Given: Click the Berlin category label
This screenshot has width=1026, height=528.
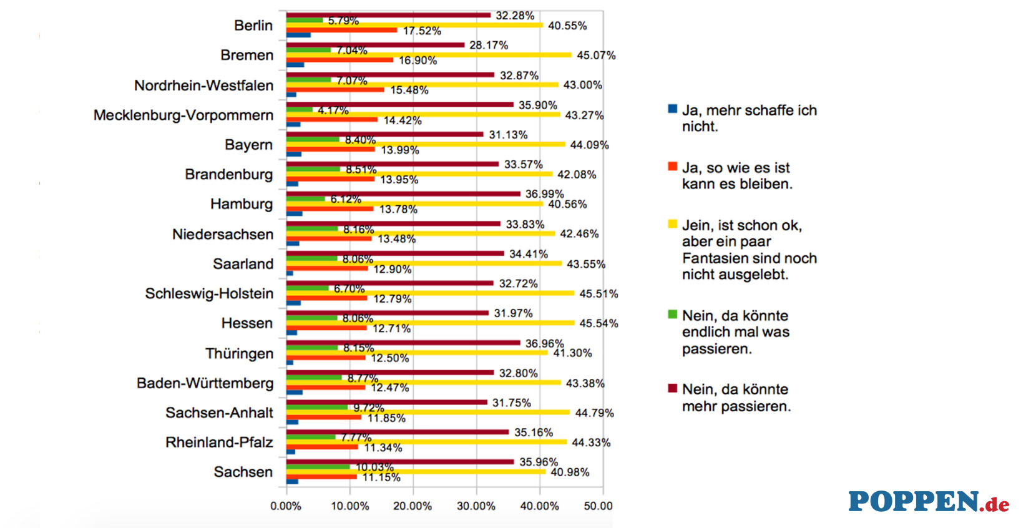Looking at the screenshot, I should (x=253, y=26).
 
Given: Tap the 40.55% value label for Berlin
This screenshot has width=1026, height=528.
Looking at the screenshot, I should (x=567, y=26).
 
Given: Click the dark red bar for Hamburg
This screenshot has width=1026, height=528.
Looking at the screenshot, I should (x=403, y=194).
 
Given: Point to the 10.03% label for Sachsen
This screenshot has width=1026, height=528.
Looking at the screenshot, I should (x=374, y=467).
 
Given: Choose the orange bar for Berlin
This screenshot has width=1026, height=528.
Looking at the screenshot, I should (x=341, y=30).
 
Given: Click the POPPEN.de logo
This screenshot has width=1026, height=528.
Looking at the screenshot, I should (x=928, y=502).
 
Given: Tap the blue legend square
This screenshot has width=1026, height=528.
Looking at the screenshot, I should (x=672, y=109).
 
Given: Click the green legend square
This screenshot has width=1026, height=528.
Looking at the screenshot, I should (x=672, y=315).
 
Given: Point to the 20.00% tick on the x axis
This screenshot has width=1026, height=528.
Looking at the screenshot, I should (x=413, y=506).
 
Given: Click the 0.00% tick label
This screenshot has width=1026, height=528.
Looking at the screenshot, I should (x=286, y=506).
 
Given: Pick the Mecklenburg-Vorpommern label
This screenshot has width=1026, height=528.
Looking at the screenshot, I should (x=183, y=115).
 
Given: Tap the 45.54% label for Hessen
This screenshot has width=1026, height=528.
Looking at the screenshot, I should (x=598, y=323).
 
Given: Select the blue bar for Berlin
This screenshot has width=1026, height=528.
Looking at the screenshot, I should (x=298, y=35).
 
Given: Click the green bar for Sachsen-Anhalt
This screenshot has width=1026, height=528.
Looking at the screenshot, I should (x=317, y=408).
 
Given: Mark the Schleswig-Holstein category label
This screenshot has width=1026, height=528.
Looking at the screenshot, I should (x=209, y=294).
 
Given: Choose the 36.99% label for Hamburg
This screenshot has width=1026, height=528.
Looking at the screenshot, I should (x=544, y=194).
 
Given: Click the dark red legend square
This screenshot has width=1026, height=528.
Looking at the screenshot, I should (x=672, y=388).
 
